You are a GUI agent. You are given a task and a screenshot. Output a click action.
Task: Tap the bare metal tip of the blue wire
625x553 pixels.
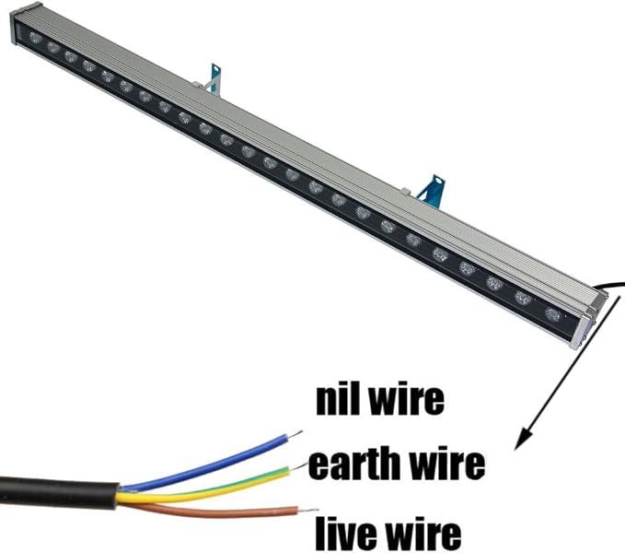tap(295, 434)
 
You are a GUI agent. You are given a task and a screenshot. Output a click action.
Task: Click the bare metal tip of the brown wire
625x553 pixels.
tap(308, 511)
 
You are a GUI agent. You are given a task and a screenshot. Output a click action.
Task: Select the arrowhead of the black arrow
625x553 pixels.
tap(523, 436)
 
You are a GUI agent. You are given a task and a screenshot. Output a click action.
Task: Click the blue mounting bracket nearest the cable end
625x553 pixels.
tap(432, 192)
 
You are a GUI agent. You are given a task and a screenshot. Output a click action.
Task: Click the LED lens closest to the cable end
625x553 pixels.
tap(552, 315)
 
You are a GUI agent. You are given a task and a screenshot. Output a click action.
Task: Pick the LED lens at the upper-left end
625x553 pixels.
tap(35, 38)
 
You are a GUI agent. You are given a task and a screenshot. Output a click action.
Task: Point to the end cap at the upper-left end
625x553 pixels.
tap(15, 25)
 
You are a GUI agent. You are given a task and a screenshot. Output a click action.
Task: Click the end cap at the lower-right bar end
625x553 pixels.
tap(586, 326)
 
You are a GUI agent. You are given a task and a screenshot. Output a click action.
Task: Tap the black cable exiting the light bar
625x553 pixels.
tap(610, 286)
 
